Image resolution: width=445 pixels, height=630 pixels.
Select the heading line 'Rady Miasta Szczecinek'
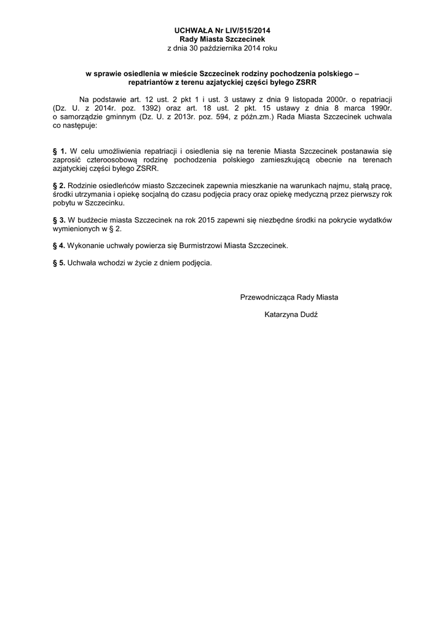point(222,39)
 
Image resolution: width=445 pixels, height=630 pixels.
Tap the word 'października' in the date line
point(229,48)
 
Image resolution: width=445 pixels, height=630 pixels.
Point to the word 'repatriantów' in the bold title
point(151,82)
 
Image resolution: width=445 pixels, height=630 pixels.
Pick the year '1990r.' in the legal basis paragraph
point(380,108)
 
